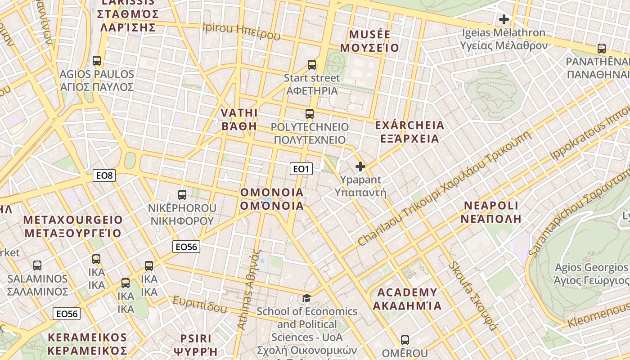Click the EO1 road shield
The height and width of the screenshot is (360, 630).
pyautogui.click(x=301, y=169)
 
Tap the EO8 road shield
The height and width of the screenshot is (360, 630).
pyautogui.click(x=104, y=175)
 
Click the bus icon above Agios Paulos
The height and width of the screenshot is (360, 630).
pyautogui.click(x=96, y=60)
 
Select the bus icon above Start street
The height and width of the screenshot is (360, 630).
pyautogui.click(x=312, y=64)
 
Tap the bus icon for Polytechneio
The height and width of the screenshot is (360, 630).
pyautogui.click(x=310, y=113)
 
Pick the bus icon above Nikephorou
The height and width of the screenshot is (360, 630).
pyautogui.click(x=182, y=194)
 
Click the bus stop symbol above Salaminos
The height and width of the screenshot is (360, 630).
pyautogui.click(x=37, y=265)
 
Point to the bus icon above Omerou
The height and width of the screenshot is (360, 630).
pyautogui.click(x=405, y=340)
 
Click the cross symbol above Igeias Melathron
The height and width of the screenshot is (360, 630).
pyautogui.click(x=504, y=19)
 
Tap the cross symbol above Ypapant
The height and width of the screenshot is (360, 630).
pyautogui.click(x=360, y=166)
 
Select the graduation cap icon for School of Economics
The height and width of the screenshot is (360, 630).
pyautogui.click(x=306, y=298)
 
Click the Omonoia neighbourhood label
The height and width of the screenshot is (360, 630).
pyautogui.click(x=272, y=199)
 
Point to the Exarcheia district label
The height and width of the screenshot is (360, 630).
pyautogui.click(x=409, y=131)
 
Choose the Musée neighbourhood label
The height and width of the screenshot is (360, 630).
pyautogui.click(x=369, y=41)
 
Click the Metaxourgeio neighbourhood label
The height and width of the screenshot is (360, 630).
pyautogui.click(x=73, y=226)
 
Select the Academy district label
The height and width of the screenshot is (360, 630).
pyautogui.click(x=407, y=299)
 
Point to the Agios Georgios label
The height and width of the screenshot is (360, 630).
pyautogui.click(x=592, y=274)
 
